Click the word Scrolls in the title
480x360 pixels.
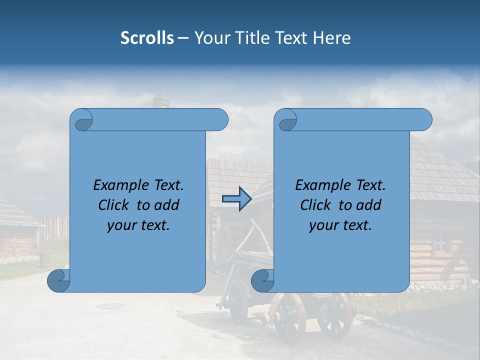click(147, 38)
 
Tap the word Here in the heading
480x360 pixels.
click(331, 38)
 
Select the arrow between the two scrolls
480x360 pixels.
click(236, 199)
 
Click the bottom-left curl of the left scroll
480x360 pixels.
click(58, 281)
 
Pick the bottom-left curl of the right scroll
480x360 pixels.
click(262, 281)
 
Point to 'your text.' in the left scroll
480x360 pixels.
click(138, 225)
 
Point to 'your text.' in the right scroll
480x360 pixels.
click(340, 225)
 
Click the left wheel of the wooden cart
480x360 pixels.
click(238, 303)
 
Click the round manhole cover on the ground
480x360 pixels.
click(110, 305)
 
